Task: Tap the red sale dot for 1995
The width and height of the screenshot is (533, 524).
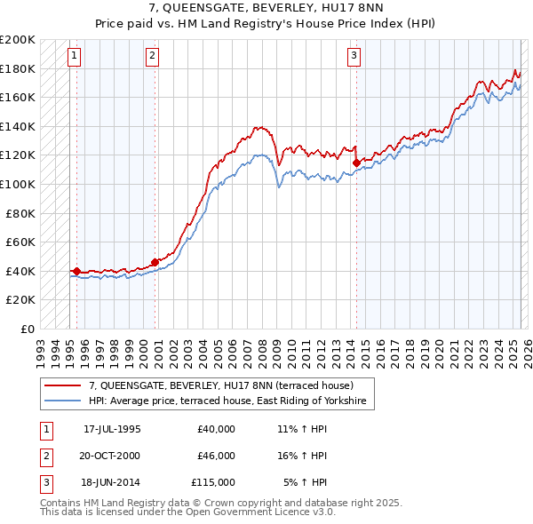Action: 77,271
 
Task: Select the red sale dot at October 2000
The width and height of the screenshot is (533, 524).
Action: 155,262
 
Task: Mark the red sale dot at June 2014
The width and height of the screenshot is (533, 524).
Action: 356,163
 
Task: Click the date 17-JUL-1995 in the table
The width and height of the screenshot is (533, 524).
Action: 112,429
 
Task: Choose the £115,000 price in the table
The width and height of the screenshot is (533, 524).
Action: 211,482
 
